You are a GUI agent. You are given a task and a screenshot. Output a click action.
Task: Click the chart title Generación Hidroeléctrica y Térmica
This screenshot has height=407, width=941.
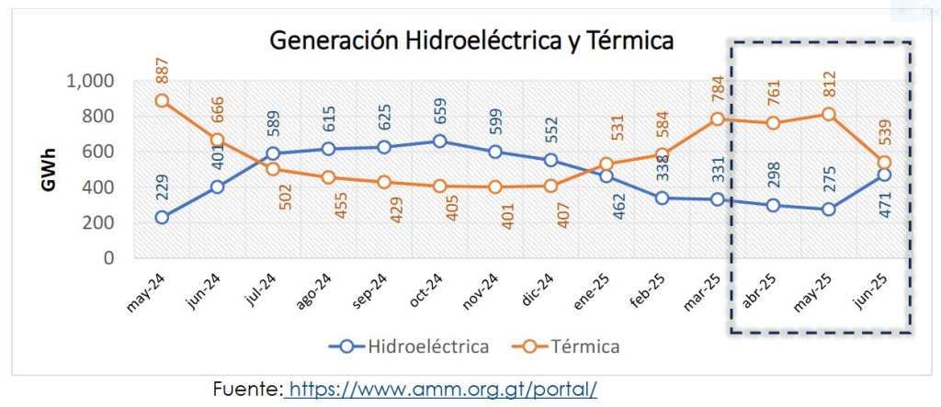(x=470, y=40)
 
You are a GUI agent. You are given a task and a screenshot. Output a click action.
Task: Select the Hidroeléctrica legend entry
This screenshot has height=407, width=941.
(x=410, y=346)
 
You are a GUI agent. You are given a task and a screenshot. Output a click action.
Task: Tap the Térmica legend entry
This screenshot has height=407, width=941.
(x=570, y=346)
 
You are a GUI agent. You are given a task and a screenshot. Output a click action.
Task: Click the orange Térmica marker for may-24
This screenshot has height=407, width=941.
(x=162, y=101)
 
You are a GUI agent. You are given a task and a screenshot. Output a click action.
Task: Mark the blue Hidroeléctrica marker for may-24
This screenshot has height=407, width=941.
(x=162, y=218)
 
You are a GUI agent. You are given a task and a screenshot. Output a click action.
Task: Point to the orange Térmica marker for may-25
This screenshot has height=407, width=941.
(x=828, y=114)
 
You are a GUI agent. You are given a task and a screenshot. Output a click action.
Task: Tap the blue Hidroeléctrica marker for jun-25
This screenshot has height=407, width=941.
(x=884, y=175)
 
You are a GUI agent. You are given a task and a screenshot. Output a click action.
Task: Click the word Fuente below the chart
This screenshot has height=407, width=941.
(x=245, y=389)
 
